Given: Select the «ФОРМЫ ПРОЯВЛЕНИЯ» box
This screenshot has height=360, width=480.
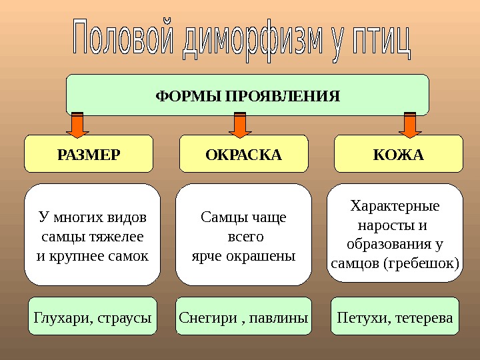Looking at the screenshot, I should [247, 95].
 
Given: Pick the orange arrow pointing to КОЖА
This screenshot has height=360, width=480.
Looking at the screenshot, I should [409, 124].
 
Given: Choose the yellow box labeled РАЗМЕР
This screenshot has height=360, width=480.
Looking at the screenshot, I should [89, 155].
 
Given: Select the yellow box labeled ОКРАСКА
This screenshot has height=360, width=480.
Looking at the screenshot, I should [244, 155].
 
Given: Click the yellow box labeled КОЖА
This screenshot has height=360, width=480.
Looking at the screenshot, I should [398, 155].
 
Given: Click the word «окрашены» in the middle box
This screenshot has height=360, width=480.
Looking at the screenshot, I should [267, 255].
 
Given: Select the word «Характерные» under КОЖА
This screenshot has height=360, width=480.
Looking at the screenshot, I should [395, 205].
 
